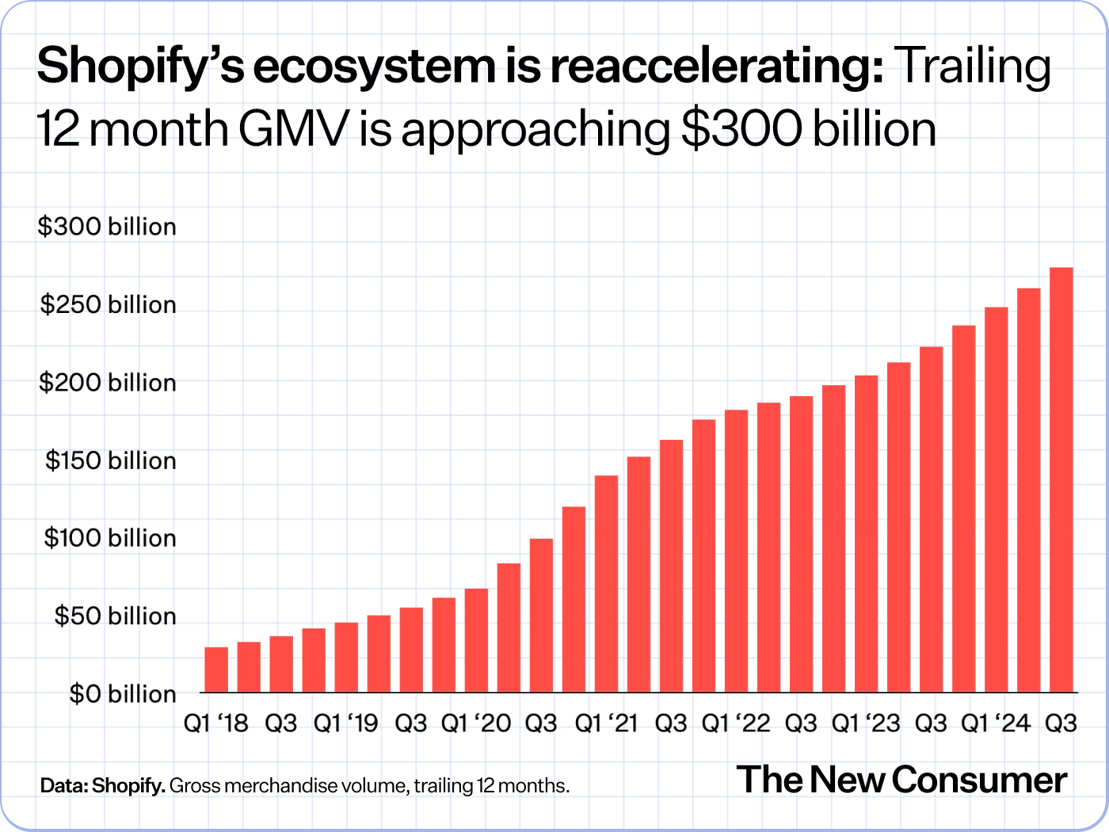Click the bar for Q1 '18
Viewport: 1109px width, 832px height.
pyautogui.click(x=216, y=670)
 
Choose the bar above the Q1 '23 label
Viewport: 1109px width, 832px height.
pyautogui.click(x=867, y=534)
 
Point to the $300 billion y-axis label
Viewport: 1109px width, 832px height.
pyautogui.click(x=107, y=227)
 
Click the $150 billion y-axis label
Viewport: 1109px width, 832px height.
pyautogui.click(x=110, y=460)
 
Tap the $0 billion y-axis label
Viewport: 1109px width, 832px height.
pyautogui.click(x=122, y=694)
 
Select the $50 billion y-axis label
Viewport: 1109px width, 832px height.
pyautogui.click(x=115, y=616)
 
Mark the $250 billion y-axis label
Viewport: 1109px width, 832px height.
pyautogui.click(x=108, y=304)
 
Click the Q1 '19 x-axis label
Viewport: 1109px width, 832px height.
pyautogui.click(x=346, y=723)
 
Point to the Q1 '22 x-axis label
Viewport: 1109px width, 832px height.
pyautogui.click(x=736, y=723)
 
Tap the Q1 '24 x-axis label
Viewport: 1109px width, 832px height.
pyautogui.click(x=996, y=723)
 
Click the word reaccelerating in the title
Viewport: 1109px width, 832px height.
pyautogui.click(x=717, y=67)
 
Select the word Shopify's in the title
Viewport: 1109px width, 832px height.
pyautogui.click(x=140, y=67)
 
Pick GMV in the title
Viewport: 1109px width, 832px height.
pyautogui.click(x=293, y=129)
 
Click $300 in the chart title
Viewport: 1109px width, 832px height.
pyautogui.click(x=741, y=129)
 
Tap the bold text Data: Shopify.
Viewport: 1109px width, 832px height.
pyautogui.click(x=103, y=786)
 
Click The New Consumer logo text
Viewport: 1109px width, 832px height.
pyautogui.click(x=901, y=780)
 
